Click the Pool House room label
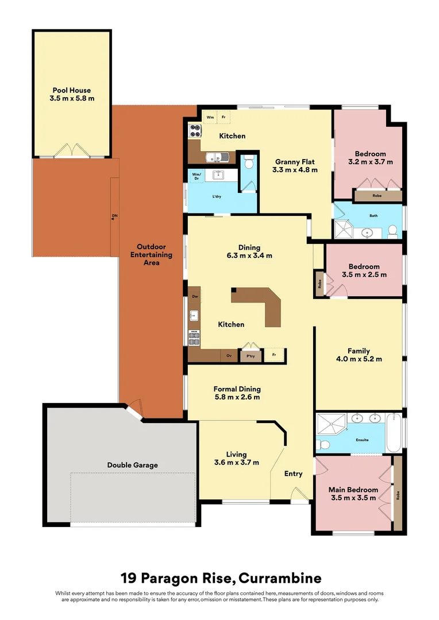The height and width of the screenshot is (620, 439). [72, 90]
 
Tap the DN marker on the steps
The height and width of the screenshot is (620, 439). [115, 216]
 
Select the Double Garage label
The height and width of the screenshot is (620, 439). [132, 465]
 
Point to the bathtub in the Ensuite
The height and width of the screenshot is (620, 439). [394, 433]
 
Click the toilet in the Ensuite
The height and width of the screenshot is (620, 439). [324, 444]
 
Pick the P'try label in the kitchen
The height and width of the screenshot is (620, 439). [251, 356]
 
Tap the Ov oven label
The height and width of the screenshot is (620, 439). [229, 356]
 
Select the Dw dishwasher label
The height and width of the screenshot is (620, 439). [195, 296]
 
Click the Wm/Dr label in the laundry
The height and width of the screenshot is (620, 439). [196, 176]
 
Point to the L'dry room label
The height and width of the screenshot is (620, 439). [217, 197]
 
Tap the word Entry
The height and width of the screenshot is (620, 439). [293, 474]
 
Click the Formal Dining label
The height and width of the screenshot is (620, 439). [237, 389]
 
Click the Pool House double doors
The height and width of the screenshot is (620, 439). [72, 150]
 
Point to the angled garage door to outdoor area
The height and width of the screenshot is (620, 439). [133, 410]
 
